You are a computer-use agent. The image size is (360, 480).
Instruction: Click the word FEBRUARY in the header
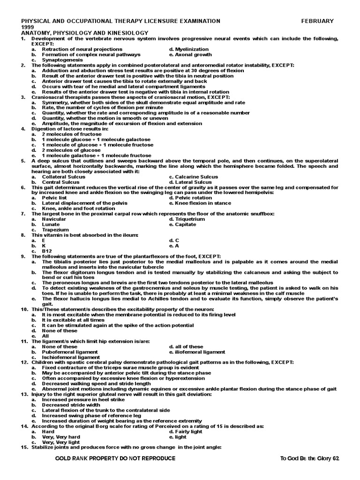pos(317,21)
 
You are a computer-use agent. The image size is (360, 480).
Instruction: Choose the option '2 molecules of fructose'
pos(68,134)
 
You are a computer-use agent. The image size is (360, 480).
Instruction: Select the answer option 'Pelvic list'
pos(53,198)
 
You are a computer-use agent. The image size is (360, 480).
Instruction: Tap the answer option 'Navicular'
pos(54,219)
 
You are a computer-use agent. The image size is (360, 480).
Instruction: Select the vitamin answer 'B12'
pos(46,251)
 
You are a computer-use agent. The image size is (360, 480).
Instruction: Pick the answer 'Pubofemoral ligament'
pos(70,352)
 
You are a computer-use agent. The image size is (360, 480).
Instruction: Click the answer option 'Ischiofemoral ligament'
pos(71,357)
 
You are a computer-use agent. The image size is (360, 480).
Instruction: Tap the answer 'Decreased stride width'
pos(70,405)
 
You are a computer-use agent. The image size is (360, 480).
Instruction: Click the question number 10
pos(24,310)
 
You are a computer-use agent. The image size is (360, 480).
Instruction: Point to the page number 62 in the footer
pos(335,458)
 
